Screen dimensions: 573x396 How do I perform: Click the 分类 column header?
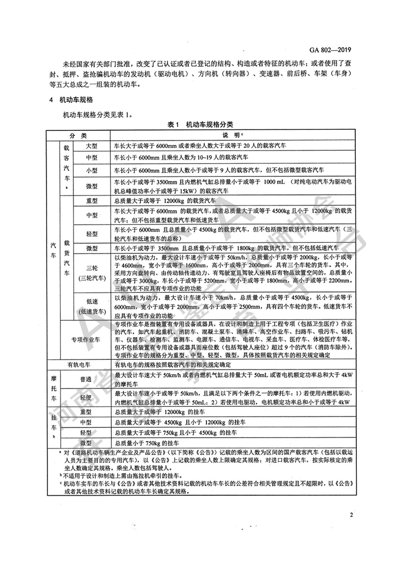point(78,135)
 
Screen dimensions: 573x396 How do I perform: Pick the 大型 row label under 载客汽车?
point(92,146)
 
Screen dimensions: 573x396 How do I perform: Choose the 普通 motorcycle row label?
point(92,379)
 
